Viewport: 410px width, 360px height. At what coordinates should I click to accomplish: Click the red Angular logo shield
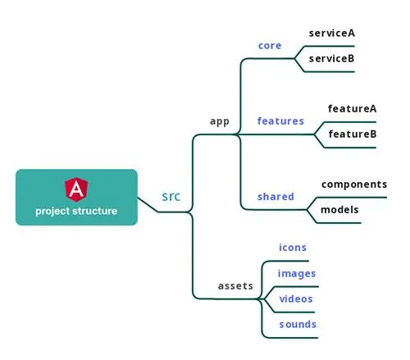(x=76, y=189)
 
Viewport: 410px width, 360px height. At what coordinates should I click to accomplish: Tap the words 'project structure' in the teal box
(x=76, y=212)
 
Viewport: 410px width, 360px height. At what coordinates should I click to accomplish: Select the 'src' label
(x=171, y=197)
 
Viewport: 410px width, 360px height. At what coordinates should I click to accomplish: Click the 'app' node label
(x=220, y=121)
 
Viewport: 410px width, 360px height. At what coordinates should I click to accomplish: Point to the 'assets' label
(x=235, y=286)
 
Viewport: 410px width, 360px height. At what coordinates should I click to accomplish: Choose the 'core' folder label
(x=270, y=46)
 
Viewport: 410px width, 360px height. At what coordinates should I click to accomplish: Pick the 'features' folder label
(x=280, y=121)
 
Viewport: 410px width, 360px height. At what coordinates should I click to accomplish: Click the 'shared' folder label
(x=276, y=196)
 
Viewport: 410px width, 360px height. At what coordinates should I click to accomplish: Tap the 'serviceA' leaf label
(x=332, y=33)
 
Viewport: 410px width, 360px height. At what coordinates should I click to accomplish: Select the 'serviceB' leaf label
(x=331, y=58)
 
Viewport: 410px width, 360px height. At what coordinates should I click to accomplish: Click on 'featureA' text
(x=353, y=108)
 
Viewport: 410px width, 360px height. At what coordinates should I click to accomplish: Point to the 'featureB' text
(x=353, y=134)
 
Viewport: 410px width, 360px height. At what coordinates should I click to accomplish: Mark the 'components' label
(x=354, y=185)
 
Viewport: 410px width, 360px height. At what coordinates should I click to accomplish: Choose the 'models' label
(x=339, y=210)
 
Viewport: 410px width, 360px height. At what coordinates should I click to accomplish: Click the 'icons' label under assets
(x=293, y=248)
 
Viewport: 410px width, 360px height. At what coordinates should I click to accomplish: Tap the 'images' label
(x=297, y=274)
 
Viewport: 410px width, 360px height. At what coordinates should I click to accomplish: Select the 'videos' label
(x=296, y=298)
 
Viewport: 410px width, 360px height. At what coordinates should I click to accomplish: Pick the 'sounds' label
(x=298, y=325)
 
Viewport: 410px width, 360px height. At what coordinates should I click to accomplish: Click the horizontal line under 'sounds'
(x=289, y=338)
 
